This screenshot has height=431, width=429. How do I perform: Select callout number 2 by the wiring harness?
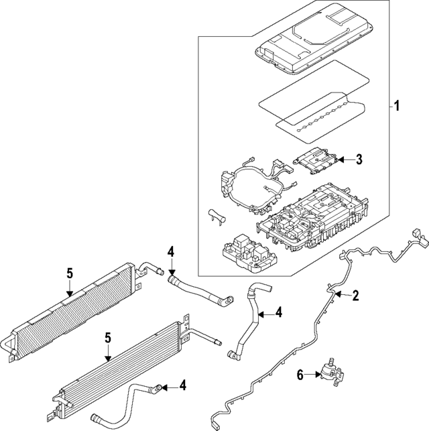(x=356, y=295)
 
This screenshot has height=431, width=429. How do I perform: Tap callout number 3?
(x=359, y=160)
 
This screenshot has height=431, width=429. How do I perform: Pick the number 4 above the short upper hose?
(x=172, y=252)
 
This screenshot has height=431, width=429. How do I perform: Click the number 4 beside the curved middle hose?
(x=279, y=312)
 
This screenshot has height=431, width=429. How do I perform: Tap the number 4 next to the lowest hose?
(x=182, y=385)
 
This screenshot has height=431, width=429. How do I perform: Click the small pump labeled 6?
(x=328, y=371)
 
